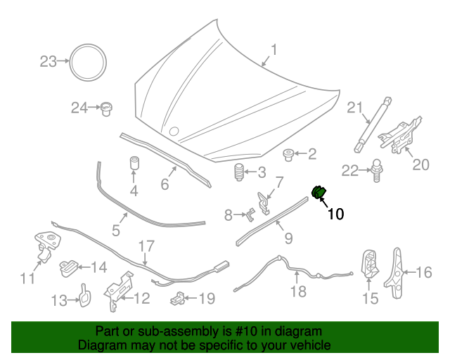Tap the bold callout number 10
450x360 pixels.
pyautogui.click(x=335, y=214)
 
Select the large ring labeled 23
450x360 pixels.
pyautogui.click(x=87, y=63)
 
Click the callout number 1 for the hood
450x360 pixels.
pyautogui.click(x=274, y=50)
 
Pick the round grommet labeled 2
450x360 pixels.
pyautogui.click(x=288, y=153)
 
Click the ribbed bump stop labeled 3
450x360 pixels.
pyautogui.click(x=238, y=172)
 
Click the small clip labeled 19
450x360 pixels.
pyautogui.click(x=179, y=298)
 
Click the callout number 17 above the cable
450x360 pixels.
pyautogui.click(x=145, y=247)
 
